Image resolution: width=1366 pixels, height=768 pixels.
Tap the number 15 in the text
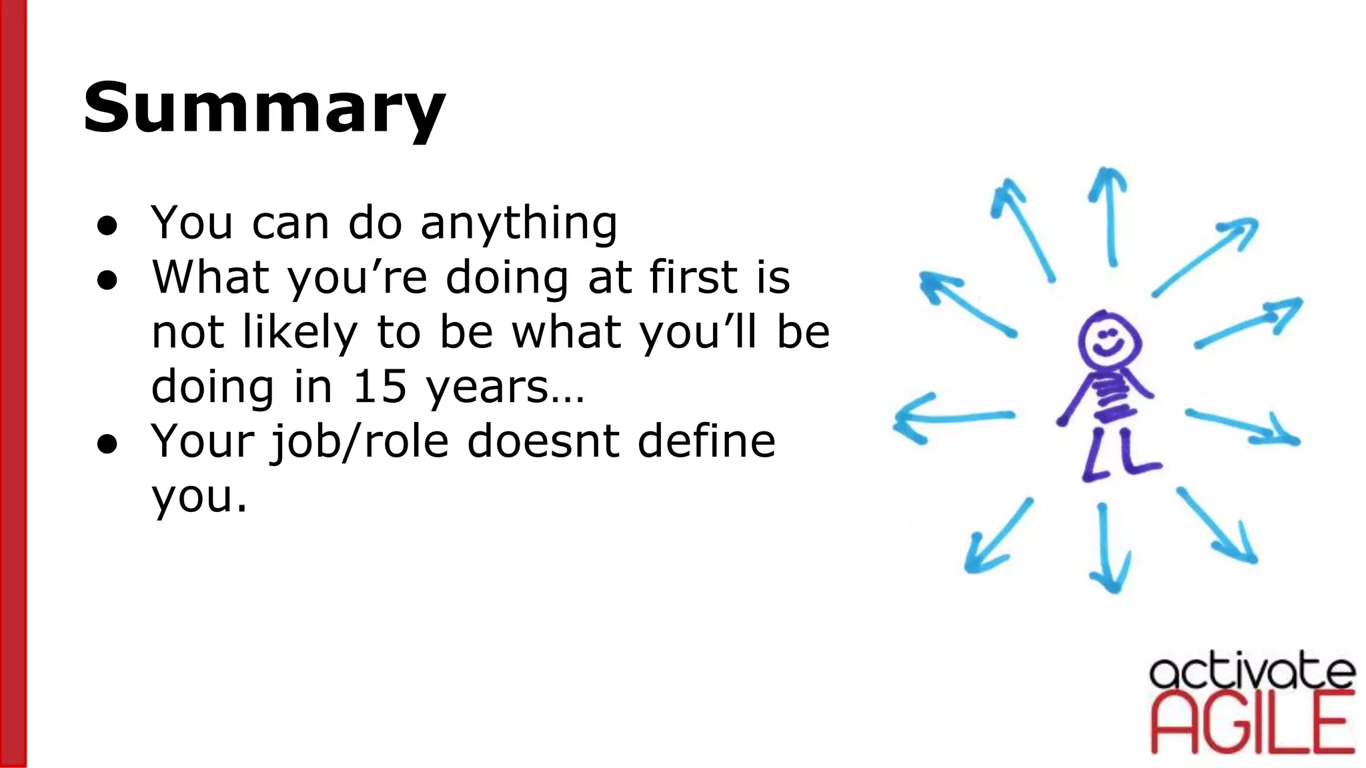[x=379, y=387]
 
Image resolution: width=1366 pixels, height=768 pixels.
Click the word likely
[x=300, y=332]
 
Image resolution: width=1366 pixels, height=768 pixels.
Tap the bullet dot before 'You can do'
[x=107, y=225]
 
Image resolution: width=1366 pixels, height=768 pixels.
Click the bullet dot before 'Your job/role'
[x=107, y=444]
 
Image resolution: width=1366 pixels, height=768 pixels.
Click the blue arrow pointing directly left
[x=954, y=417]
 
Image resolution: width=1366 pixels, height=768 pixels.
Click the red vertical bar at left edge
[x=13, y=384]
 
